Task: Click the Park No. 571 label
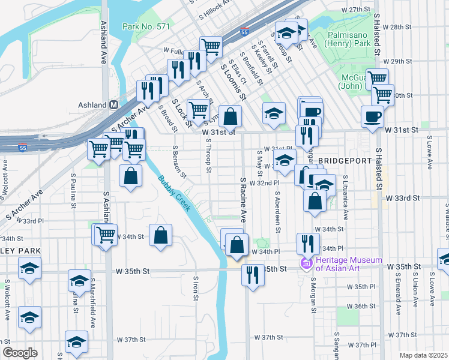146,26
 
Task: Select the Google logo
20,353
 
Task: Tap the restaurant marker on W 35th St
252,275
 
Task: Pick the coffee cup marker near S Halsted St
372,116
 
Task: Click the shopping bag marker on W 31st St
230,116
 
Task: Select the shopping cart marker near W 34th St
106,235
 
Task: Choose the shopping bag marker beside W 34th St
160,236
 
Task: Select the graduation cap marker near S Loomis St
273,113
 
